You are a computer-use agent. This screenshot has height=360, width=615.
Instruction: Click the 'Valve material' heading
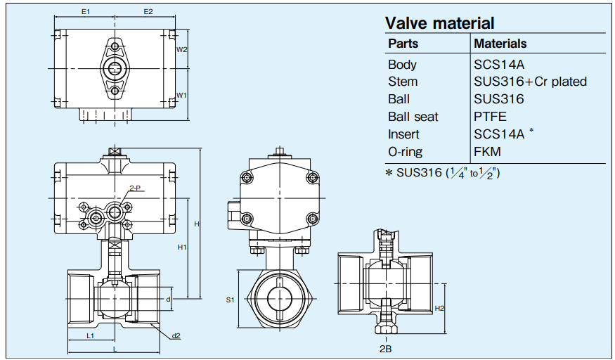[x=439, y=23]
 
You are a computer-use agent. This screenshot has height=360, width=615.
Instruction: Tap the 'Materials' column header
[x=500, y=44]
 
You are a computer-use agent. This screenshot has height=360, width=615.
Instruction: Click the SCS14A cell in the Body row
[x=500, y=65]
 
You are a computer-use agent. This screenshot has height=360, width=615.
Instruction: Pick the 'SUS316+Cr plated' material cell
[x=530, y=82]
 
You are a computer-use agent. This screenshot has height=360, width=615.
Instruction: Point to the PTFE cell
[x=490, y=117]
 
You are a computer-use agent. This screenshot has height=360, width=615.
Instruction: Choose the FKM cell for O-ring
[x=488, y=152]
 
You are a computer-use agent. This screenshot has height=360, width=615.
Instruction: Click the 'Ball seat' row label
[x=413, y=117]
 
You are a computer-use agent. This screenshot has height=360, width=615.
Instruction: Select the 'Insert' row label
[x=403, y=134]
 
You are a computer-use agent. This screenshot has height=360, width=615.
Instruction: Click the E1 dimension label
[x=85, y=12]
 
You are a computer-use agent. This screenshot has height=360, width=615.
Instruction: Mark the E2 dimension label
[x=148, y=12]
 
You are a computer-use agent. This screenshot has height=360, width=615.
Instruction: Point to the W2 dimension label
[x=181, y=49]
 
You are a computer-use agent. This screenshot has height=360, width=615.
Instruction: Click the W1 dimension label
[x=181, y=95]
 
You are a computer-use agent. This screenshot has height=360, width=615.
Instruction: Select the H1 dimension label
[x=181, y=247]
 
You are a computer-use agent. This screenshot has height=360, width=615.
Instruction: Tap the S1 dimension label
[x=229, y=300]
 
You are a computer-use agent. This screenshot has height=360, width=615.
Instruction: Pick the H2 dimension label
[x=439, y=308]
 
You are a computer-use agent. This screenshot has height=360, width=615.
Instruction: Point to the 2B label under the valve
[x=384, y=349]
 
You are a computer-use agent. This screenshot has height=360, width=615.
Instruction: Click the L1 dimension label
[x=91, y=336]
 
